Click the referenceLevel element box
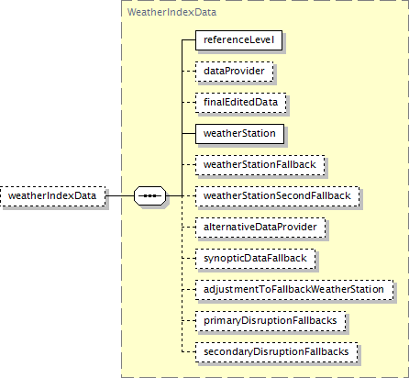click(x=238, y=40)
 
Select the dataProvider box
click(x=235, y=72)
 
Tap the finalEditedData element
click(x=241, y=103)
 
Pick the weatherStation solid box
click(x=239, y=134)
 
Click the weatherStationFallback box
click(x=260, y=165)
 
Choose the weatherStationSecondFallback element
click(x=277, y=196)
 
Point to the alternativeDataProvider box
click(x=260, y=228)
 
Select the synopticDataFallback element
click(x=256, y=259)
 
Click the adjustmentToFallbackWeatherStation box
click(x=294, y=290)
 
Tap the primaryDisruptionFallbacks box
click(x=271, y=321)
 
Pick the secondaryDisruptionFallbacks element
click(x=277, y=352)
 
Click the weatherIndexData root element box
click(x=53, y=196)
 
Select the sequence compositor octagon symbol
click(x=150, y=195)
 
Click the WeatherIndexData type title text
click(x=171, y=12)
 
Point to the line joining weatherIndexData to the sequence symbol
click(x=120, y=195)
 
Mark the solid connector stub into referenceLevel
click(x=189, y=40)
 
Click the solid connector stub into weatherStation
click(x=189, y=134)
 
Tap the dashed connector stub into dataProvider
click(x=189, y=72)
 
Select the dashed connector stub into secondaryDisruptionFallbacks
click(x=189, y=352)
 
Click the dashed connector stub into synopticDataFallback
click(x=189, y=259)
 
